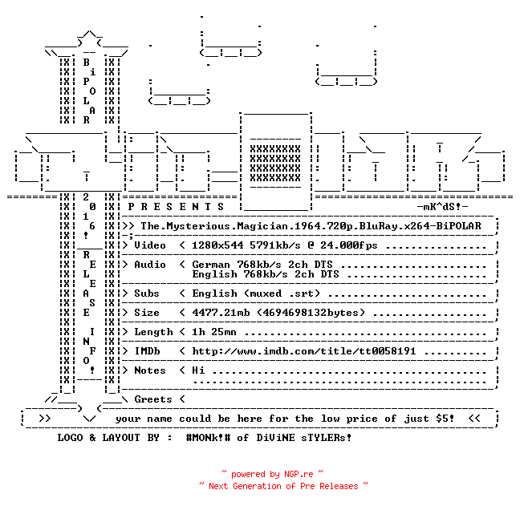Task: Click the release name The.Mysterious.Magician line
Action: pos(311,226)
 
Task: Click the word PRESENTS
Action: pos(176,207)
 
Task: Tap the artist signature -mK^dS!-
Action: pos(442,207)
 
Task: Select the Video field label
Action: pos(150,245)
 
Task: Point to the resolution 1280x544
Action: pos(217,245)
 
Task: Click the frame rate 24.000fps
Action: pos(348,245)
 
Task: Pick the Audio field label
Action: pos(150,265)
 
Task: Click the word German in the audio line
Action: pos(211,265)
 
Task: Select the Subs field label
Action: pos(147,293)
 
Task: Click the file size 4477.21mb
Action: pos(221,313)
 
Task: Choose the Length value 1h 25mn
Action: pos(214,332)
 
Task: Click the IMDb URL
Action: pos(304,351)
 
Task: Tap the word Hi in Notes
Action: pos(198,370)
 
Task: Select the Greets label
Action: pos(153,399)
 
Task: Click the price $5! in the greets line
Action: pos(445,419)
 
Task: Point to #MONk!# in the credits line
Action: pos(208,437)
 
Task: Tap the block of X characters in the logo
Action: pos(275,163)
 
